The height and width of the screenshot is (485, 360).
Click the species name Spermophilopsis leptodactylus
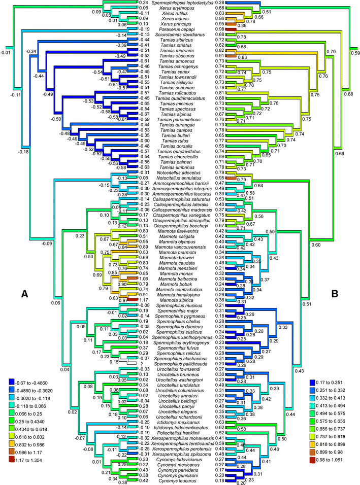pyautogui.click(x=180, y=3)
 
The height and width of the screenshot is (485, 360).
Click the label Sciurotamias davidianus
pyautogui.click(x=180, y=34)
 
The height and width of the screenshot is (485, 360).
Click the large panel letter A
pyautogui.click(x=24, y=293)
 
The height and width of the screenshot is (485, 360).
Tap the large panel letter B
pyautogui.click(x=335, y=293)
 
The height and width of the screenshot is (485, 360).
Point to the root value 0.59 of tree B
pyautogui.click(x=354, y=52)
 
